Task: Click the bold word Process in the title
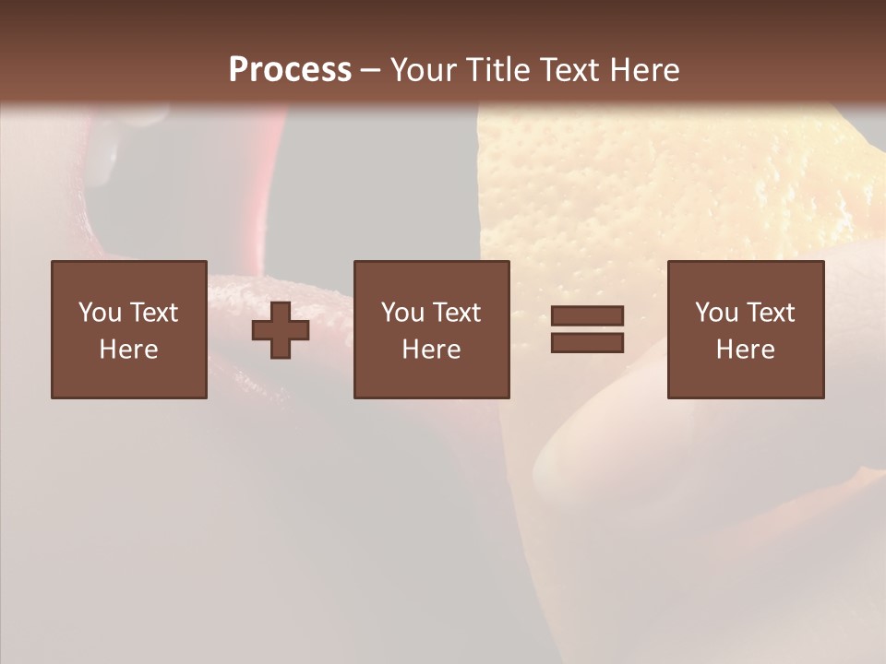(290, 69)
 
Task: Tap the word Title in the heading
(497, 69)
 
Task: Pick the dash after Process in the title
(370, 70)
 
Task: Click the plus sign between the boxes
(281, 330)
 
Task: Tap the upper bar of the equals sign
(587, 316)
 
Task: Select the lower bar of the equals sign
(587, 342)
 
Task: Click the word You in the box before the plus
(100, 313)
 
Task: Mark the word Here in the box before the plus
(128, 350)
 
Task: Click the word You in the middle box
(402, 313)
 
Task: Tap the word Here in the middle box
(431, 350)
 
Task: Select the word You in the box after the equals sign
(716, 313)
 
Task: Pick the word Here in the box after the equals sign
(745, 350)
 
